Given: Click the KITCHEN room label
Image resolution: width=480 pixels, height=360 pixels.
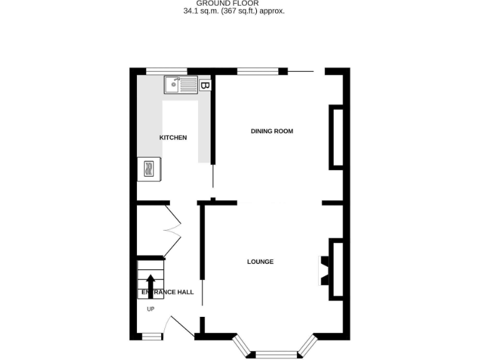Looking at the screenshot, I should pos(173,137).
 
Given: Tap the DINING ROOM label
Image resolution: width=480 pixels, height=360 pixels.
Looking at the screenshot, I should pos(272,131).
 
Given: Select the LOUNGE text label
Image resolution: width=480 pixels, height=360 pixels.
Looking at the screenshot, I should pos(260,262).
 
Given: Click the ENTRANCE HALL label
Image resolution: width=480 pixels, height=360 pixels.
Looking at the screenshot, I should pos(167,292).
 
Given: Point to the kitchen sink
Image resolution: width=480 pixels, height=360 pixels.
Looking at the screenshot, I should pos(180,84).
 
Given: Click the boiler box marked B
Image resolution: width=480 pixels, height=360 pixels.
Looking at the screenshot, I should pos(205,85).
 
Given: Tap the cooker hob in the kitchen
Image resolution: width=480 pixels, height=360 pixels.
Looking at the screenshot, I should pos(149,169).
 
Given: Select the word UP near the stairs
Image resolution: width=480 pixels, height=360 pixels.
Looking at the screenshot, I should pos(151,309).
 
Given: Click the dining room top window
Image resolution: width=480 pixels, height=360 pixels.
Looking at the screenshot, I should pos(257,71).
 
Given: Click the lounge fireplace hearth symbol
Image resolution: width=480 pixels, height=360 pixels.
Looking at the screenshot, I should pos(324,270).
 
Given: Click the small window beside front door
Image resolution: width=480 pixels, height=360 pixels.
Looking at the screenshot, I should pos(150,337).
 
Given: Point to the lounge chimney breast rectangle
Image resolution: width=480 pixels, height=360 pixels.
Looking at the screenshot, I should pos(336,270).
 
